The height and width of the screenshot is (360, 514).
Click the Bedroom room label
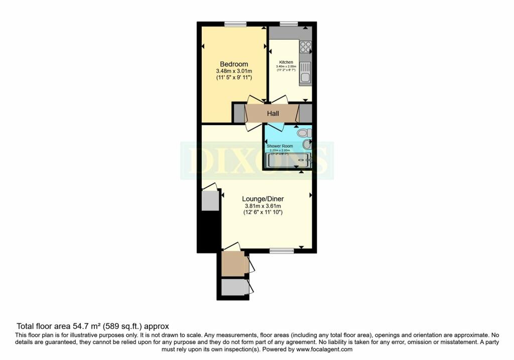click(x=234, y=64)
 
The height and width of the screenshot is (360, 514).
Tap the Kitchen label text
click(x=286, y=62)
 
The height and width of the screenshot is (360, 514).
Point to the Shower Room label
click(x=280, y=146)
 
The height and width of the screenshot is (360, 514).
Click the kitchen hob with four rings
click(x=305, y=47)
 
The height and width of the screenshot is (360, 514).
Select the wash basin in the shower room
click(x=307, y=145)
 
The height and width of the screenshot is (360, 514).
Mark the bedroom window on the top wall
click(x=235, y=24)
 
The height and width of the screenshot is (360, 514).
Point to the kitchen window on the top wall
click(x=289, y=24)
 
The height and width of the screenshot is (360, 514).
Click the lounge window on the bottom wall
click(x=282, y=251)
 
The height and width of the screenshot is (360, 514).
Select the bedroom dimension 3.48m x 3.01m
click(x=234, y=71)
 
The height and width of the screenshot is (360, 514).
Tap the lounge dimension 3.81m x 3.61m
click(x=263, y=206)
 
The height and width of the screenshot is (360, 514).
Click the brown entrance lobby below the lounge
click(x=233, y=263)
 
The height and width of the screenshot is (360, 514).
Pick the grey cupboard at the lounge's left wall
click(x=210, y=200)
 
